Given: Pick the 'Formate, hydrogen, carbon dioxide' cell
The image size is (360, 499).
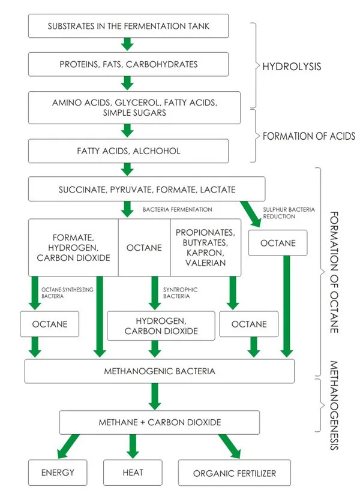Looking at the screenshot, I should tap(73, 247).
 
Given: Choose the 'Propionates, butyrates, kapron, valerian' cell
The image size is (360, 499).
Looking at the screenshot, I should tap(205, 247).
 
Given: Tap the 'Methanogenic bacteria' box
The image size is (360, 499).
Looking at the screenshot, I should tap(159, 371).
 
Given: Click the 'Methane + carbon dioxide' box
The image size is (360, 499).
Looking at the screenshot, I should tap(159, 422).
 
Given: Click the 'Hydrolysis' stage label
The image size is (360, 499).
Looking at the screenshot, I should tap(292, 65).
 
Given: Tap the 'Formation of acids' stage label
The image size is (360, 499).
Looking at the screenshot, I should tap(308, 137).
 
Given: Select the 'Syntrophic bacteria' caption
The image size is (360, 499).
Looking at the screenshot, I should tap(181, 292).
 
